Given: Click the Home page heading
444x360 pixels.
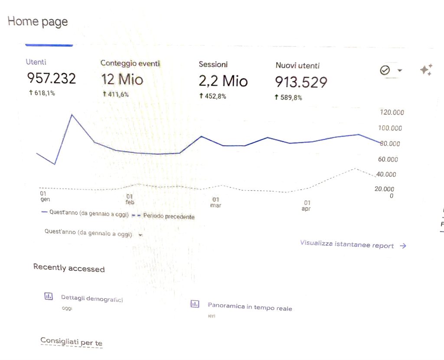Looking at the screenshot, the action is click(x=38, y=22).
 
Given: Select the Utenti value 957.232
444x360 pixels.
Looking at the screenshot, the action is click(x=52, y=78).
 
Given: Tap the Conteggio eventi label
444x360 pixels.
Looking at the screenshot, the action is click(x=130, y=63).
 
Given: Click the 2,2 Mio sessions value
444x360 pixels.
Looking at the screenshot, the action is click(x=223, y=81).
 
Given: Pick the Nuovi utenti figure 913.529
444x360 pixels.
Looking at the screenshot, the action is click(x=301, y=82).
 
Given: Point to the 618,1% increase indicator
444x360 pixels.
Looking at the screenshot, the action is click(x=42, y=93).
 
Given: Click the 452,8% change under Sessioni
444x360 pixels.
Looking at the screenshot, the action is click(x=212, y=96).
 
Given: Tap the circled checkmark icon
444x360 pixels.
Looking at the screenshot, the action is click(x=385, y=70).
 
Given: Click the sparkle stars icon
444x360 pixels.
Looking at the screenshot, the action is click(x=426, y=70).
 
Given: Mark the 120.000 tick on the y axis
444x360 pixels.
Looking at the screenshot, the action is click(x=392, y=112).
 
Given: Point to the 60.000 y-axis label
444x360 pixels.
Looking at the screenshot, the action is click(x=388, y=159).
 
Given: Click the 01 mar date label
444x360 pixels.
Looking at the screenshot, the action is click(x=216, y=202).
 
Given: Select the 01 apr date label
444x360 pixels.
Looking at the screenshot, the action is click(x=307, y=206).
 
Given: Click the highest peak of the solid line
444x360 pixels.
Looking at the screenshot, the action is click(x=72, y=115).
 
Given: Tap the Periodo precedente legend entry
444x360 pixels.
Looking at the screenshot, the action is click(x=169, y=216).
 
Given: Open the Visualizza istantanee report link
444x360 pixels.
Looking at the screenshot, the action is click(x=353, y=244).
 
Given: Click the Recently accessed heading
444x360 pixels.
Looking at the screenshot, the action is click(x=69, y=268).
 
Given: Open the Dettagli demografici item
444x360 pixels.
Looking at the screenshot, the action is click(x=92, y=298).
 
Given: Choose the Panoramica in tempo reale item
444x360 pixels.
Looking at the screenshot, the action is click(x=250, y=307).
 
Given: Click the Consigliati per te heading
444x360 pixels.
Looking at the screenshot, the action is click(x=72, y=342).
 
